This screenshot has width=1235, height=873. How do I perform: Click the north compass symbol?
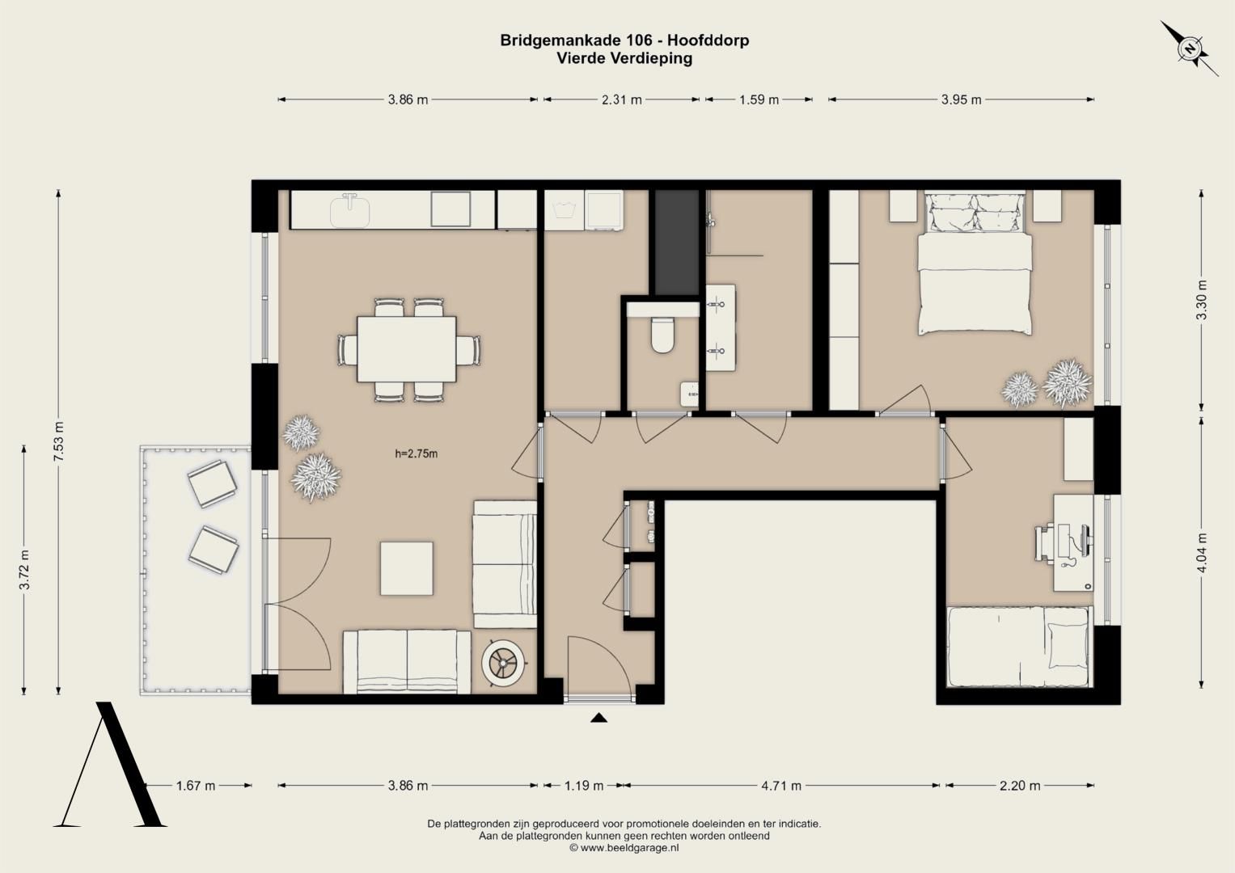[1188, 49]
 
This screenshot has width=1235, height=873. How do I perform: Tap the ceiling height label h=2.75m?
[417, 453]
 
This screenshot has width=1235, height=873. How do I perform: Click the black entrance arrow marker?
[598, 718]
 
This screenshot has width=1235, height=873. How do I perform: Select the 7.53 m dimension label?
[59, 442]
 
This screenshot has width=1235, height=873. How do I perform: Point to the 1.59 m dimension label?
[759, 99]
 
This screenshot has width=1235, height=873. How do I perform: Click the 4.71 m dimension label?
[781, 786]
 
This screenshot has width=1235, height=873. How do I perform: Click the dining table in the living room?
[406, 349]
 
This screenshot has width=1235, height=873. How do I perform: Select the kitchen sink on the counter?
[349, 210]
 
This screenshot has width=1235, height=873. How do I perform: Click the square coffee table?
[406, 568]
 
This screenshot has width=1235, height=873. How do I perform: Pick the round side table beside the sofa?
[502, 662]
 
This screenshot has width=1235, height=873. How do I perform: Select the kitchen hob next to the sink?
[450, 209]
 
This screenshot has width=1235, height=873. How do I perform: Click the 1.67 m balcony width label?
[196, 786]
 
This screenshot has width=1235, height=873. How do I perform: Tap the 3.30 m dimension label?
[1202, 301]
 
